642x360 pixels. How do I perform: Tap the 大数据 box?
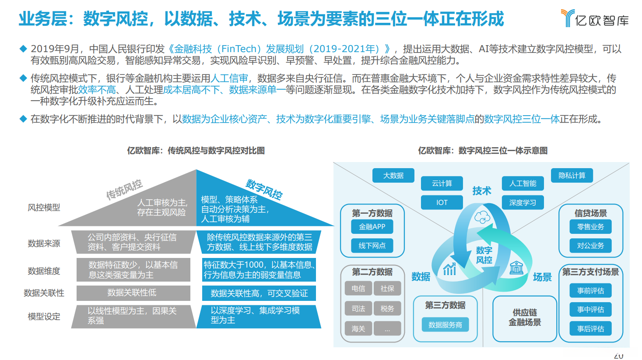pyautogui.click(x=393, y=176)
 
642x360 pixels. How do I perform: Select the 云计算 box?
pyautogui.click(x=442, y=184)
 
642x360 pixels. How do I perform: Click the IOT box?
pyautogui.click(x=442, y=202)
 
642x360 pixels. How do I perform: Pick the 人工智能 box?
pyautogui.click(x=523, y=184)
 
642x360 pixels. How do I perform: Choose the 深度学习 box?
pyautogui.click(x=523, y=202)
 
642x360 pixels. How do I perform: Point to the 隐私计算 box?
pyautogui.click(x=572, y=176)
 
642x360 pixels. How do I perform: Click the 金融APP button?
pyautogui.click(x=372, y=227)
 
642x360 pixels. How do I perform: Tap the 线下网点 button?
pyautogui.click(x=372, y=246)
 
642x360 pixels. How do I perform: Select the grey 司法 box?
pyautogui.click(x=358, y=309)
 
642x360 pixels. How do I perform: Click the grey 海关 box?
pyautogui.click(x=358, y=328)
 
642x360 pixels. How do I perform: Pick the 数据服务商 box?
pyautogui.click(x=445, y=325)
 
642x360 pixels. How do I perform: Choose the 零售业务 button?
pyautogui.click(x=590, y=227)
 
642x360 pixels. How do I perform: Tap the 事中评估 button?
pyautogui.click(x=590, y=310)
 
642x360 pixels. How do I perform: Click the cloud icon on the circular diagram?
pyautogui.click(x=482, y=217)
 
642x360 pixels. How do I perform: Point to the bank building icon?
pyautogui.click(x=516, y=267)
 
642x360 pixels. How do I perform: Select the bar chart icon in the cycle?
pyautogui.click(x=449, y=268)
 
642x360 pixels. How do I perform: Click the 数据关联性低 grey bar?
pyautogui.click(x=133, y=293)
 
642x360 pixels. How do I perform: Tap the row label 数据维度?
pyautogui.click(x=44, y=271)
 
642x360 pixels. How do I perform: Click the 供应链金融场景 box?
pyautogui.click(x=524, y=318)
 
